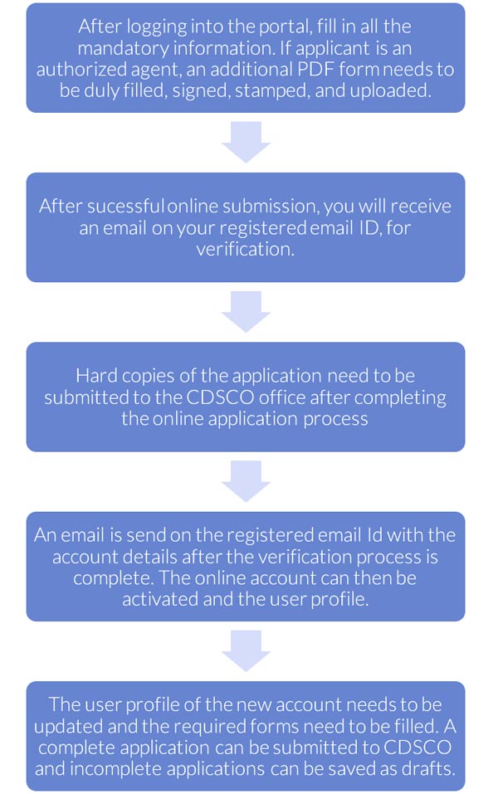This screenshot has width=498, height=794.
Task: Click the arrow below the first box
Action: click(246, 143)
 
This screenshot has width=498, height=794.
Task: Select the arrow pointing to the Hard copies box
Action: click(246, 312)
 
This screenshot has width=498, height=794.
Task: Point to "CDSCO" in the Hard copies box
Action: click(220, 397)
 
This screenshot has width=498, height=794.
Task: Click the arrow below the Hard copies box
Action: click(246, 481)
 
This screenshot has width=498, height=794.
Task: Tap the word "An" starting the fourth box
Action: click(45, 535)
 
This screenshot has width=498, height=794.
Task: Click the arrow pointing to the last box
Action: click(246, 651)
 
